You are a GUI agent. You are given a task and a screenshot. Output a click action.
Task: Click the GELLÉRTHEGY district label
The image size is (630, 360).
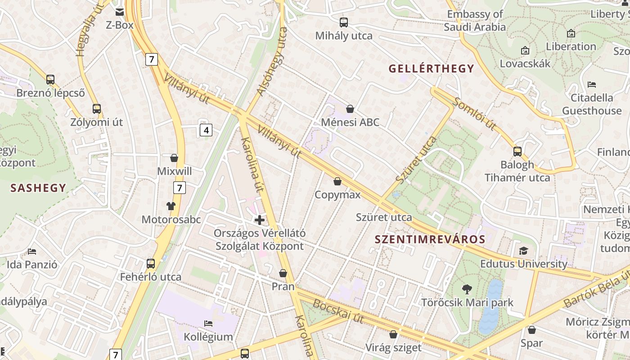click(x=431, y=68)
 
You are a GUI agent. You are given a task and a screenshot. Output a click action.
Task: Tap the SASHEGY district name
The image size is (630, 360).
click(x=38, y=188)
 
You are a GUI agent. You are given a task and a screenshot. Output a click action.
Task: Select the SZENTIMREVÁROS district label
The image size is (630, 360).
click(x=430, y=239)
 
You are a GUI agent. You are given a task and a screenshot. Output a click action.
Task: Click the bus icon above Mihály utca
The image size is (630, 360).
click(x=344, y=22)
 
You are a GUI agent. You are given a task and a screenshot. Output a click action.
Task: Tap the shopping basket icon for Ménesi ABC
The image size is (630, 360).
click(x=350, y=109)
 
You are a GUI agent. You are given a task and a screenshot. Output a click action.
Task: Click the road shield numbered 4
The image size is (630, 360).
click(x=206, y=130)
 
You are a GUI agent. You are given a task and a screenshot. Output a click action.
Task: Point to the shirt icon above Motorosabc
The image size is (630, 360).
click(x=171, y=206)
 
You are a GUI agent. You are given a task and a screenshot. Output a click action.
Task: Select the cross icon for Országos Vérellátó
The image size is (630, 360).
click(x=260, y=220)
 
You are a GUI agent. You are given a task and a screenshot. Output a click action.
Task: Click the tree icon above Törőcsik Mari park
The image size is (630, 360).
click(x=467, y=289)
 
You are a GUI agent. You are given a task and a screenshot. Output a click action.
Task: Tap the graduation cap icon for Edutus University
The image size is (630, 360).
click(x=523, y=251)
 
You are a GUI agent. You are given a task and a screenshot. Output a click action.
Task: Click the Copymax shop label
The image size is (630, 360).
click(x=337, y=194)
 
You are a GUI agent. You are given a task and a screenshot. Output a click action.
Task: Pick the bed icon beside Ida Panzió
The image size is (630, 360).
click(x=32, y=251)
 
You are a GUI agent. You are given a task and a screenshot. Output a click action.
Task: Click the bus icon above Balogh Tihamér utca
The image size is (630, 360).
click(x=517, y=152)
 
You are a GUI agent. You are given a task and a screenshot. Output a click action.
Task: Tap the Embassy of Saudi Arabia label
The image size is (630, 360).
click(x=475, y=21)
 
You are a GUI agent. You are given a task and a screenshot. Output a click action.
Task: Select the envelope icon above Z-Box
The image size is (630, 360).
click(x=120, y=12)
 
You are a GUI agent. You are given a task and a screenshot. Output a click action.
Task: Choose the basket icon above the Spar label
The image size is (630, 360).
click(x=532, y=330)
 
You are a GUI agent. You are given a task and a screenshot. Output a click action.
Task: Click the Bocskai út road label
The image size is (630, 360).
click(x=338, y=310)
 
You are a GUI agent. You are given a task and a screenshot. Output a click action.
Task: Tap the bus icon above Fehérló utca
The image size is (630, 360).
click(x=151, y=264)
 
